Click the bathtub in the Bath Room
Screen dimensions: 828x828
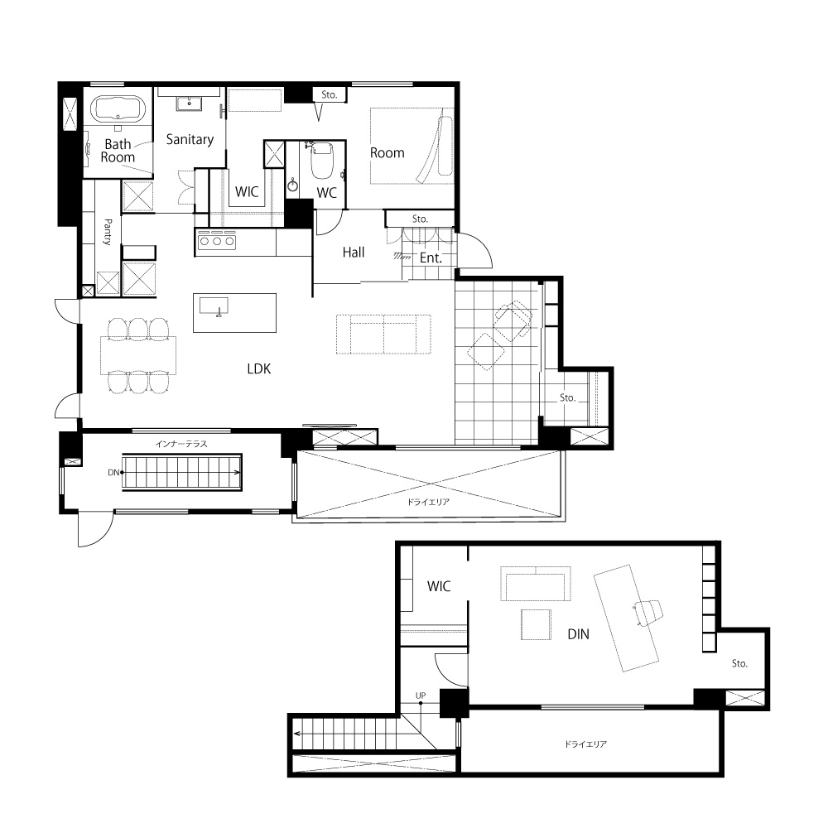[x=118, y=110]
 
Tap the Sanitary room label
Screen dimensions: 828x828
[x=190, y=139]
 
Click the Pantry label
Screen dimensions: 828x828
[x=108, y=232]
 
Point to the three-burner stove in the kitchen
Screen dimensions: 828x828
[x=217, y=241]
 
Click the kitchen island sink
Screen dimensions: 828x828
[x=214, y=306]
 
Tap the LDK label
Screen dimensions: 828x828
[x=258, y=368]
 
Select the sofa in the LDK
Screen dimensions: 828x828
[x=383, y=335]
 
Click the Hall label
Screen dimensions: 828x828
[x=354, y=253]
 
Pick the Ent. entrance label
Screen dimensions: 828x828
[x=431, y=258]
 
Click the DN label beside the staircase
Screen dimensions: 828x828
[x=113, y=473]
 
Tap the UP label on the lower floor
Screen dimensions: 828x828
[x=421, y=696]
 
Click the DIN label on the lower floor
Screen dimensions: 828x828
[x=578, y=634]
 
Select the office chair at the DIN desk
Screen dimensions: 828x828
[x=648, y=613]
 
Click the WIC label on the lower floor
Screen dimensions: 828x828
[x=439, y=586]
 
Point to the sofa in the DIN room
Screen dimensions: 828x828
[x=536, y=584]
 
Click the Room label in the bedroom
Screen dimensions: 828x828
[x=387, y=153]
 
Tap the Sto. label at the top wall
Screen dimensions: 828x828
[x=329, y=94]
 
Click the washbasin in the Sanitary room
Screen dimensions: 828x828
[x=189, y=103]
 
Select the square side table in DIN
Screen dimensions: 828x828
[x=536, y=624]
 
